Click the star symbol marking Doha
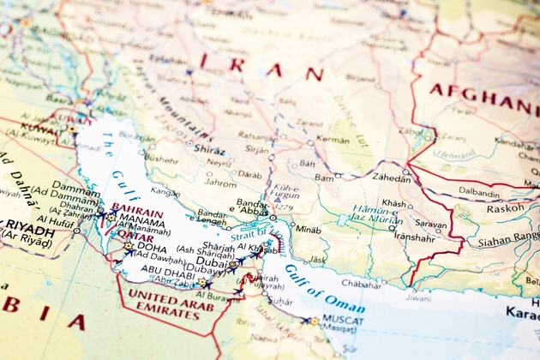click(129, 246)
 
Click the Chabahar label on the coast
click(361, 283)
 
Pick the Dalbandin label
click(479, 193)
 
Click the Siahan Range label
click(505, 242)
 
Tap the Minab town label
click(306, 230)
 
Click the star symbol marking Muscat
click(314, 321)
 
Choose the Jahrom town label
click(220, 183)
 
